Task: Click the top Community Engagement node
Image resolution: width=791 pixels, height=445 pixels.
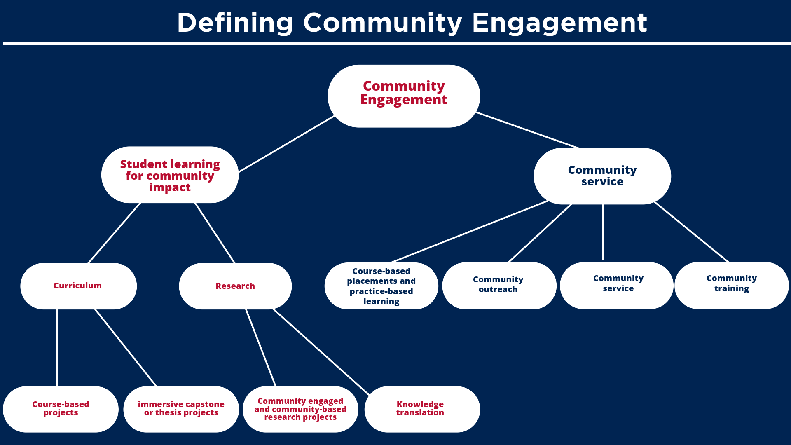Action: pyautogui.click(x=404, y=96)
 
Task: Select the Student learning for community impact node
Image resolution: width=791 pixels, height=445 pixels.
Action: pyautogui.click(x=170, y=175)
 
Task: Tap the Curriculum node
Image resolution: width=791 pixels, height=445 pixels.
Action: pyautogui.click(x=78, y=286)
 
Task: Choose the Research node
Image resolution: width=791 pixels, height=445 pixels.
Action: pyautogui.click(x=235, y=286)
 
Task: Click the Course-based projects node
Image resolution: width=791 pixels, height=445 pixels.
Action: pyautogui.click(x=61, y=409)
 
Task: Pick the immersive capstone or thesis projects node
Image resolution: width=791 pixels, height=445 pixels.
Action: pyautogui.click(x=181, y=409)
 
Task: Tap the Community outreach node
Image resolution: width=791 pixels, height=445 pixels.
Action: pyautogui.click(x=499, y=285)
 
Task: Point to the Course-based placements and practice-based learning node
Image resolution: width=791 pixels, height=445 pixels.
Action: pyautogui.click(x=381, y=286)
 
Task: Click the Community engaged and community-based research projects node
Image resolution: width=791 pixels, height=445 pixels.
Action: pyautogui.click(x=300, y=409)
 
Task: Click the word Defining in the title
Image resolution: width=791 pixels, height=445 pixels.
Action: pyautogui.click(x=235, y=23)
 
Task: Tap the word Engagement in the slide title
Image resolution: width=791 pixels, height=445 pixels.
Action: pyautogui.click(x=559, y=23)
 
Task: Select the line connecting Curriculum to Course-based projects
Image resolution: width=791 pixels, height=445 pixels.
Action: pyautogui.click(x=57, y=348)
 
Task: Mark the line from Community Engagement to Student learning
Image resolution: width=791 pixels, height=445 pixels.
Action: pyautogui.click(x=287, y=144)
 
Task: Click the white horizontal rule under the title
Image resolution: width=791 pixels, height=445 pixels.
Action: pyautogui.click(x=395, y=44)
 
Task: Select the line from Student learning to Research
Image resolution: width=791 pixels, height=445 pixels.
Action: pyautogui.click(x=215, y=233)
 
